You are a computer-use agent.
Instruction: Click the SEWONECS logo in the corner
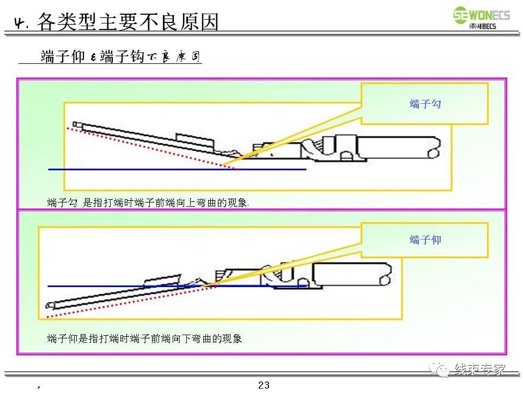tap(482, 15)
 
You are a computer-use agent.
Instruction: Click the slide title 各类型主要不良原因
tap(127, 22)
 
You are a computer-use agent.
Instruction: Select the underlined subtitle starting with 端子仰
tap(120, 57)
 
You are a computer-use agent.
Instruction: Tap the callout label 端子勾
tap(425, 104)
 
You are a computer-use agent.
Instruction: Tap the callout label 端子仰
tap(425, 240)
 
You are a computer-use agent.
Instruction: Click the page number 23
tap(264, 385)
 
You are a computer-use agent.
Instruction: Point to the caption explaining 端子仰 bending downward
tap(144, 338)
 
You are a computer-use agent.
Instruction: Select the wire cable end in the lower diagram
tap(354, 272)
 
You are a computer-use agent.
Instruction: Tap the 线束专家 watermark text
tap(479, 370)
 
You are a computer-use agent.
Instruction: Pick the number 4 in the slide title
tap(21, 23)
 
